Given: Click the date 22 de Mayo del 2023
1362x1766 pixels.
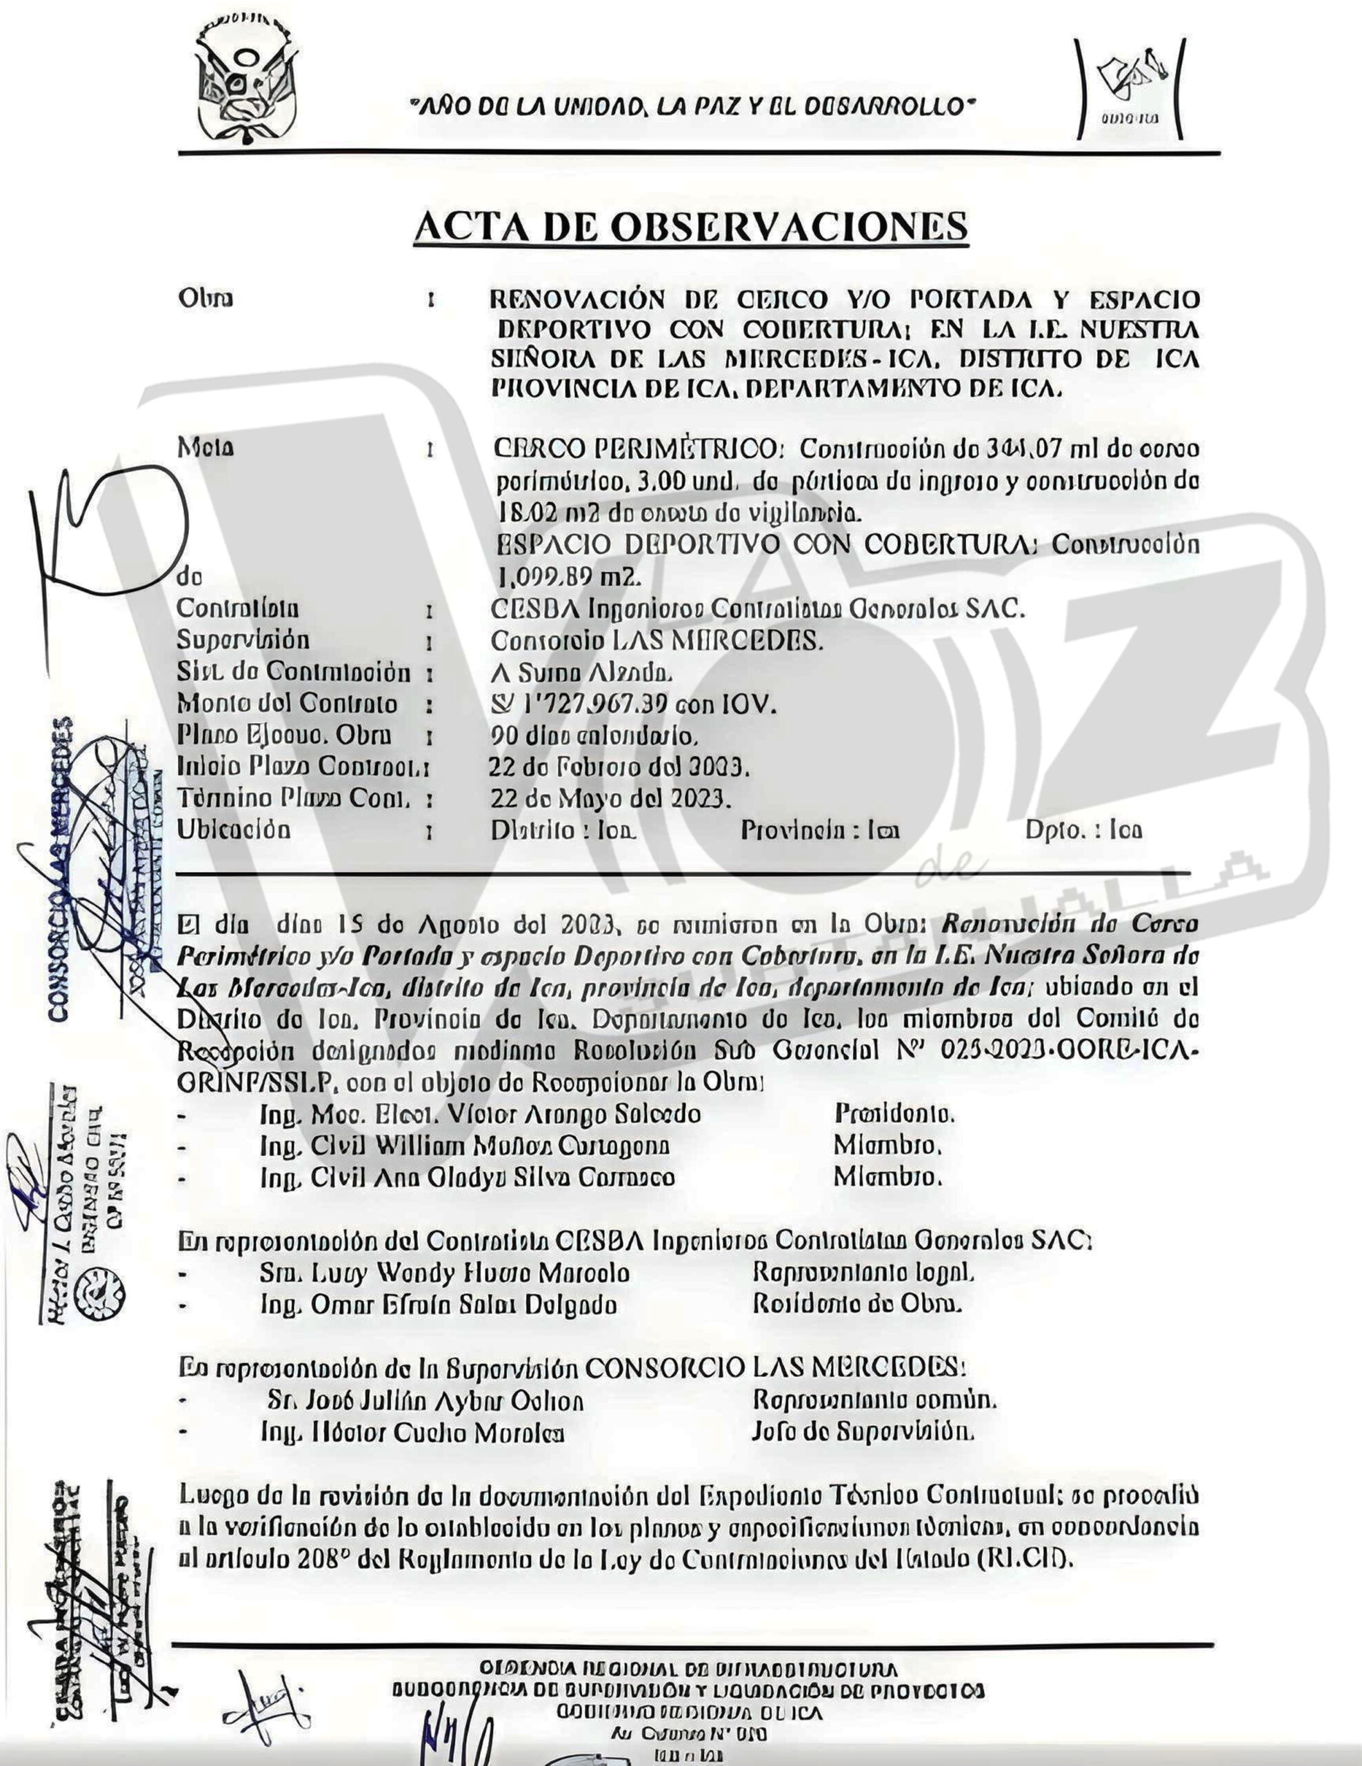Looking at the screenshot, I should pyautogui.click(x=610, y=799).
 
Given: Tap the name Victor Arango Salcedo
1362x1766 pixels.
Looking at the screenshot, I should pyautogui.click(x=574, y=1114).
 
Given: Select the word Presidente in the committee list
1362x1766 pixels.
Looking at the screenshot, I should pyautogui.click(x=894, y=1114).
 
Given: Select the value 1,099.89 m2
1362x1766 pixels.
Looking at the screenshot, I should pyautogui.click(x=569, y=577).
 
